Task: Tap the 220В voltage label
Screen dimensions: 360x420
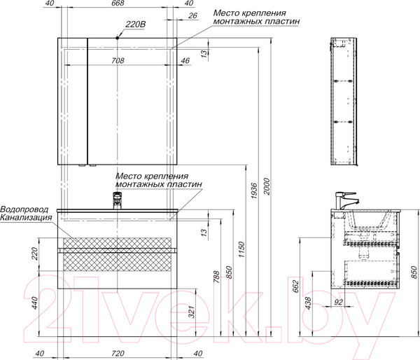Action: [x=134, y=25]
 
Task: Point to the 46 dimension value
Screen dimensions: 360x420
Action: [x=184, y=61]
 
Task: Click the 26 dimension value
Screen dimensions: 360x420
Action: [x=192, y=16]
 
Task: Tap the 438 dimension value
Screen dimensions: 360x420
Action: [x=309, y=302]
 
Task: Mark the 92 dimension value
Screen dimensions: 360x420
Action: [x=337, y=303]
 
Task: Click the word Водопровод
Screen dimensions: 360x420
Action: [x=27, y=209]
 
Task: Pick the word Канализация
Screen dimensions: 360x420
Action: [x=27, y=218]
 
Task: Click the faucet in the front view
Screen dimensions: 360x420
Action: [x=117, y=201]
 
